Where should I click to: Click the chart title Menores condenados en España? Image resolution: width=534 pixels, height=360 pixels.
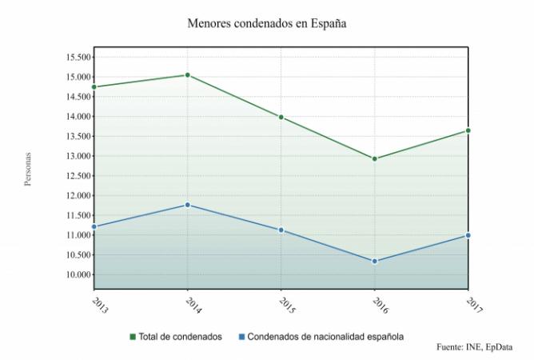[x=267, y=23]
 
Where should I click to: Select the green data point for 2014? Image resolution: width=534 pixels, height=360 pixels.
[x=187, y=75]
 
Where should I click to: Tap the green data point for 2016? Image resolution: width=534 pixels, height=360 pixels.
[x=375, y=159]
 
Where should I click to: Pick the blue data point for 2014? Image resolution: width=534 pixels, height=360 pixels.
[x=187, y=205]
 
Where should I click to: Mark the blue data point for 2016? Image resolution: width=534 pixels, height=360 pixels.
[x=375, y=262]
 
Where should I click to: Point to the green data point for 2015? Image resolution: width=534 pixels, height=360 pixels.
[x=281, y=118]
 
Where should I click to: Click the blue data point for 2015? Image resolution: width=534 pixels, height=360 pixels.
[x=281, y=230]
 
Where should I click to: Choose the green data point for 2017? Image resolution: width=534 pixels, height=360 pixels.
[x=468, y=130]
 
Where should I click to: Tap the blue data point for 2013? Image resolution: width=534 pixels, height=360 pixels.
[x=94, y=226]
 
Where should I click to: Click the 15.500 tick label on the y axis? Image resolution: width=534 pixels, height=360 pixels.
[x=78, y=58]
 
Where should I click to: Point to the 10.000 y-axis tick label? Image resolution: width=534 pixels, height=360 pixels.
[x=78, y=274]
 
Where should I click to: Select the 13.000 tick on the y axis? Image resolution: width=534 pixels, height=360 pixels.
[x=78, y=156]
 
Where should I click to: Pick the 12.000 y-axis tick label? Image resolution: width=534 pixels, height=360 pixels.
[x=78, y=196]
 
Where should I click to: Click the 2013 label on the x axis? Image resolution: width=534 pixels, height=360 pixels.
[x=100, y=306]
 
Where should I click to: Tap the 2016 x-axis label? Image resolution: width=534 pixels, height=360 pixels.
[x=381, y=306]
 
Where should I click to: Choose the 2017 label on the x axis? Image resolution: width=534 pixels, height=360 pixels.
[x=474, y=306]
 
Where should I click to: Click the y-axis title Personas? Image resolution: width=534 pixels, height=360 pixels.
[x=28, y=169]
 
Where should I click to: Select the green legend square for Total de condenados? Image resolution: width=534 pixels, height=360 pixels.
[x=133, y=337]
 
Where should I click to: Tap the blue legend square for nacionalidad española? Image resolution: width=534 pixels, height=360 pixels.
[x=241, y=337]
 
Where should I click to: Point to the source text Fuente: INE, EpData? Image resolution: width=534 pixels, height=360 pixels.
[x=474, y=347]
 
